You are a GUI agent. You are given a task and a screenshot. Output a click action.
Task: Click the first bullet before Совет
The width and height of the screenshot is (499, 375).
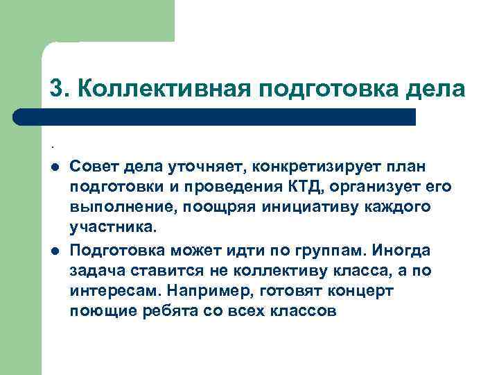pos(53,167)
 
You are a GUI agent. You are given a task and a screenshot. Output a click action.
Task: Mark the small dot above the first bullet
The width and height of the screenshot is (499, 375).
pos(52,147)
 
